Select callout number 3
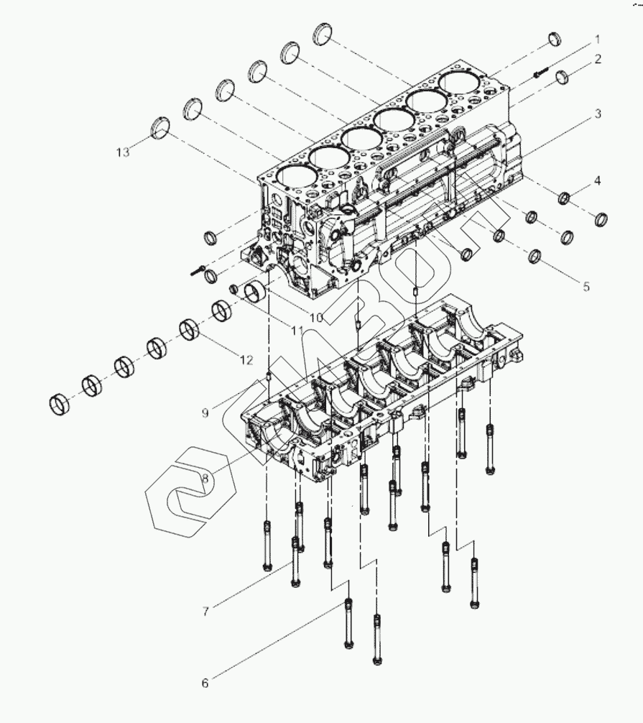tap(597, 114)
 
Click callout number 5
tap(586, 286)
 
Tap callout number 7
tap(205, 612)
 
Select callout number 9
tap(205, 413)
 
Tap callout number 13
tap(123, 152)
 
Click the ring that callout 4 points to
tap(564, 197)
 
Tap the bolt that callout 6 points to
tap(348, 622)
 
